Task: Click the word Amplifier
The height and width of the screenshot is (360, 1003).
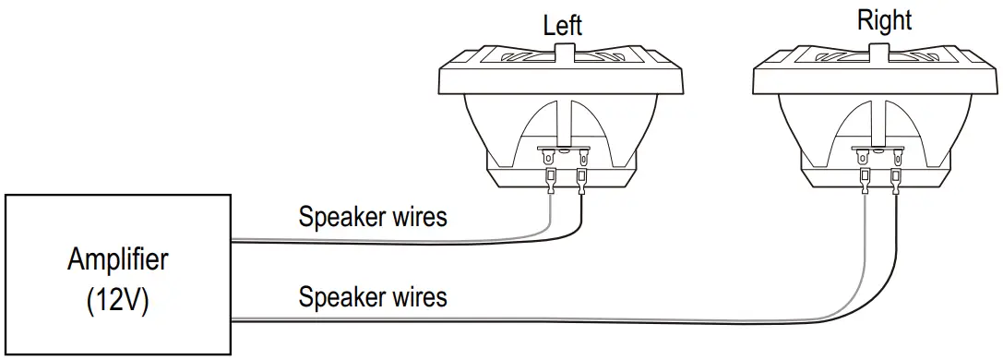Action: tap(117, 259)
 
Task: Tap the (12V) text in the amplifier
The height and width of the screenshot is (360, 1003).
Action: tap(117, 302)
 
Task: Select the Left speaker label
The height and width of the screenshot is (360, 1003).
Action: tap(562, 25)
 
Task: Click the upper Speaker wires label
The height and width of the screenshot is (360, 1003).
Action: tap(373, 217)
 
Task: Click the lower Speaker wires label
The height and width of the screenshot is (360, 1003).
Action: tap(373, 297)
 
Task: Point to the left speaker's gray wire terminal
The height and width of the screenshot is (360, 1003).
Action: tap(551, 178)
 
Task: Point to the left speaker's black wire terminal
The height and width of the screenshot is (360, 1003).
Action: tap(581, 178)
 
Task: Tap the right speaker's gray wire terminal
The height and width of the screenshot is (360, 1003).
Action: tap(865, 178)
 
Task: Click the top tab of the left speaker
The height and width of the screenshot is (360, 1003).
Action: tap(563, 54)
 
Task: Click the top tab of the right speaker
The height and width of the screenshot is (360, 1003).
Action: tap(877, 54)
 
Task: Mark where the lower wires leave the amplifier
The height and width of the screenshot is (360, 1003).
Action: tap(233, 319)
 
